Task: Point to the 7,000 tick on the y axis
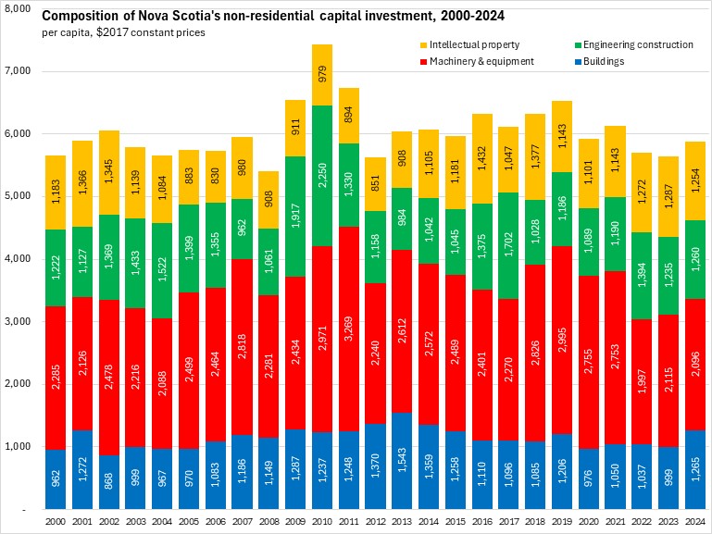[19, 71]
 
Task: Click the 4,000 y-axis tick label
[19, 259]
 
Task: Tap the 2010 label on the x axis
[322, 522]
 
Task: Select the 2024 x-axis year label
[695, 522]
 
